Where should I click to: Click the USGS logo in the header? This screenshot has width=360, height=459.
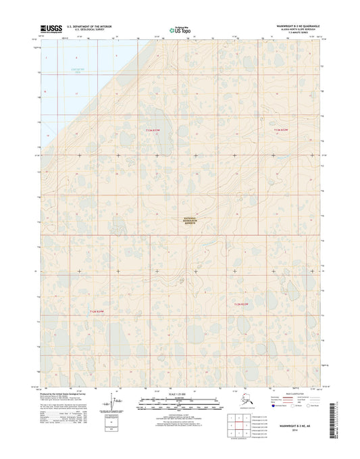tap(51, 29)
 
